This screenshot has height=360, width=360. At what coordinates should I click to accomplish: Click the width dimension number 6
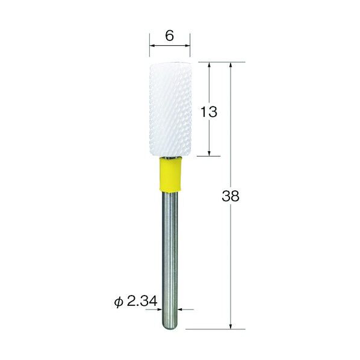pyautogui.click(x=169, y=36)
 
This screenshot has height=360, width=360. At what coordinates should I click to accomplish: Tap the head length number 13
pyautogui.click(x=208, y=112)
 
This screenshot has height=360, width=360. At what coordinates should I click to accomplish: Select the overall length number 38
pyautogui.click(x=231, y=196)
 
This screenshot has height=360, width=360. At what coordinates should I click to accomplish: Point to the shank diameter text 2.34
pyautogui.click(x=142, y=301)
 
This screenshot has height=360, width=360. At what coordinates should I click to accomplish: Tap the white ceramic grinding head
pyautogui.click(x=170, y=110)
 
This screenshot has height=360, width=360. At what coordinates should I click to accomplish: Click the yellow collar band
pyautogui.click(x=170, y=175)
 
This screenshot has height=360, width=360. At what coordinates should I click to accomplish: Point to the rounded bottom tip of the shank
pyautogui.click(x=170, y=329)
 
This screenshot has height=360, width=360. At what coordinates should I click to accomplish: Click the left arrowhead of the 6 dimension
pyautogui.click(x=152, y=46)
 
